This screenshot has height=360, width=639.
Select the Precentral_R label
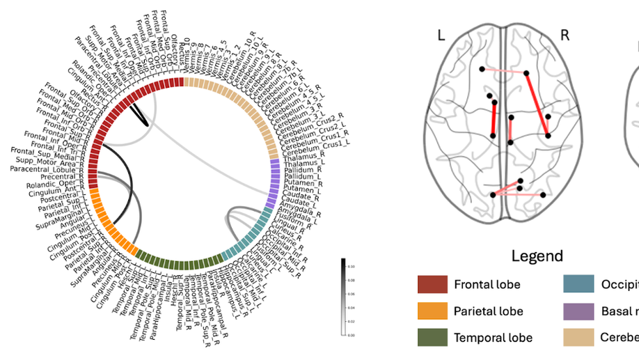[x=61, y=177]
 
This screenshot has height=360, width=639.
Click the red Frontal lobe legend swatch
[x=432, y=284]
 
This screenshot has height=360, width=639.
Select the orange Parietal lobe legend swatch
[x=432, y=311]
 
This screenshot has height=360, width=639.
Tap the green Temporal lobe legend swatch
[x=432, y=337]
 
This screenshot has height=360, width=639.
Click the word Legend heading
[x=537, y=256]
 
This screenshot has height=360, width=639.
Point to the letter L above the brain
[x=441, y=35]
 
